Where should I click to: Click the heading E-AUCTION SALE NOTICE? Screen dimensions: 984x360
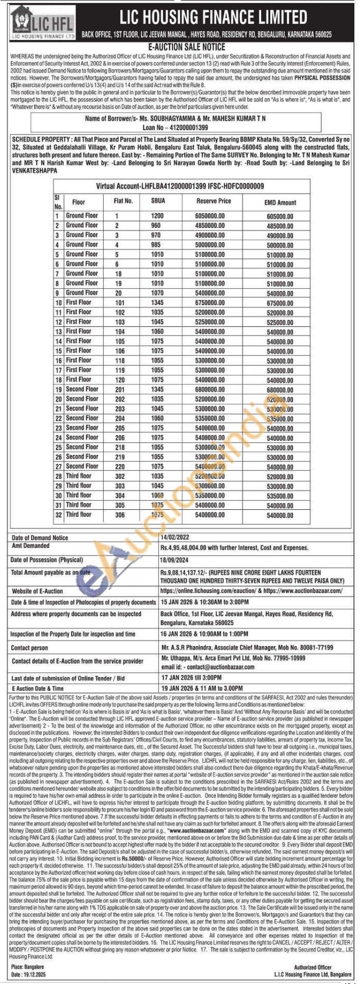[x=180, y=48]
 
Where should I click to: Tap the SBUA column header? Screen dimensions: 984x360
[x=158, y=201]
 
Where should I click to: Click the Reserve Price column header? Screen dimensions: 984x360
[x=213, y=201]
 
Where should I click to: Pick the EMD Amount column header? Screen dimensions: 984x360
[x=280, y=202]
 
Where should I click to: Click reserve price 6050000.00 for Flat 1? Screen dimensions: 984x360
[x=209, y=216]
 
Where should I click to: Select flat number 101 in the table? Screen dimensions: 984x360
[x=120, y=302]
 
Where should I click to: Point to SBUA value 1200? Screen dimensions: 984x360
[x=157, y=216]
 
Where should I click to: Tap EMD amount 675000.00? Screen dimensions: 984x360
[x=280, y=303]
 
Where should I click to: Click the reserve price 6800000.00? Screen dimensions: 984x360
[x=209, y=389]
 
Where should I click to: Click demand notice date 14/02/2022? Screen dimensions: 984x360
[x=175, y=537]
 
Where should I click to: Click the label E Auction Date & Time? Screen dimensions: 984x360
[x=38, y=688]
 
